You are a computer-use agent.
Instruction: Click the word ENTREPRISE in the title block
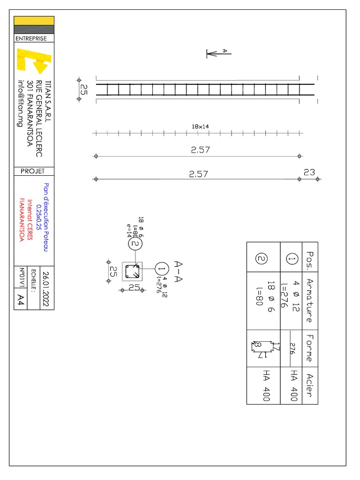(x=31, y=38)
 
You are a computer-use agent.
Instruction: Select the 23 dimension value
(x=309, y=172)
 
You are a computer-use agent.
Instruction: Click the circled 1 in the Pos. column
(x=292, y=259)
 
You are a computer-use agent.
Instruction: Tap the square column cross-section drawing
(x=132, y=271)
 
